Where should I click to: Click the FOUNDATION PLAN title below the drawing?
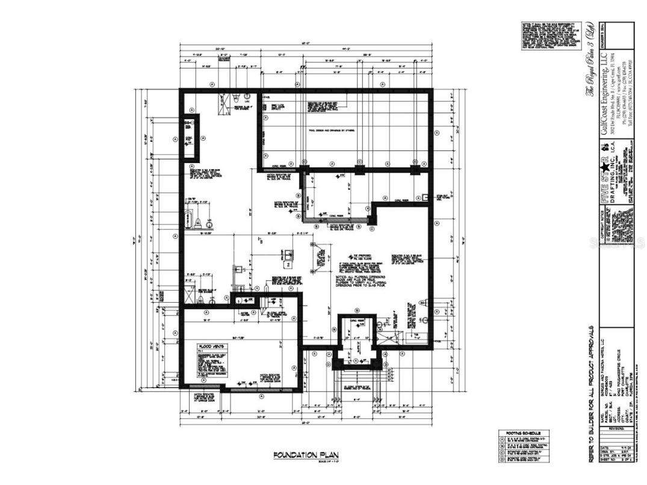click(300, 455)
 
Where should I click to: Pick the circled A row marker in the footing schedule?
click(503, 439)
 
